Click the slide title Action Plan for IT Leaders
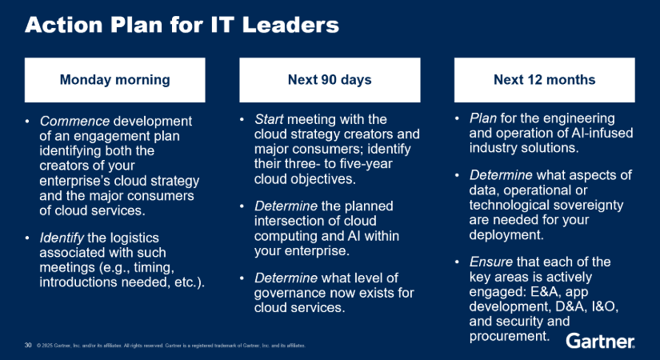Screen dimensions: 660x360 pyautogui.click(x=182, y=25)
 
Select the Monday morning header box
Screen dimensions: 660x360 pyautogui.click(x=115, y=80)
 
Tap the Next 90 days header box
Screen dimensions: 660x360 pyautogui.click(x=330, y=80)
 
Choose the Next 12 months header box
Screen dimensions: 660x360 pyautogui.click(x=544, y=80)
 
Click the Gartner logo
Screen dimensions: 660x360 pyautogui.click(x=600, y=341)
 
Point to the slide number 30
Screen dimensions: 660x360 pyautogui.click(x=28, y=346)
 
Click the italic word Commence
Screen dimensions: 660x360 pyautogui.click(x=74, y=122)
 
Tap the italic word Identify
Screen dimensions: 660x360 pyautogui.click(x=62, y=238)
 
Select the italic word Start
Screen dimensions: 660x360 pyautogui.click(x=269, y=119)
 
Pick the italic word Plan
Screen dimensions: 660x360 pyautogui.click(x=482, y=118)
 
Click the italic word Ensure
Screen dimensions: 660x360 pyautogui.click(x=490, y=262)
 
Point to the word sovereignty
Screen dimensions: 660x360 pyautogui.click(x=588, y=206)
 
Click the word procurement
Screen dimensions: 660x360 pyautogui.click(x=510, y=337)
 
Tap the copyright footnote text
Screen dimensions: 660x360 pyautogui.click(x=171, y=346)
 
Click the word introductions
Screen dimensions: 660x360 pyautogui.click(x=78, y=282)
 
